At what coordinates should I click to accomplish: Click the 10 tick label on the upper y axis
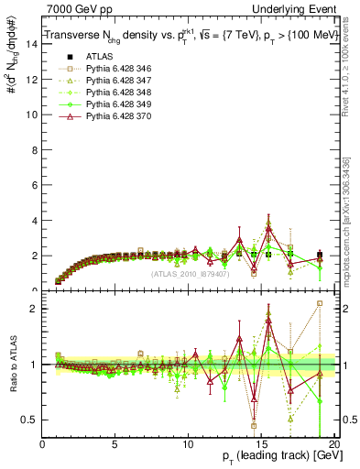[34, 115]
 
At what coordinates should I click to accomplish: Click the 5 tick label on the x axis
[115, 444]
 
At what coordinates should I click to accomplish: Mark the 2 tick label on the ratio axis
[36, 309]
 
